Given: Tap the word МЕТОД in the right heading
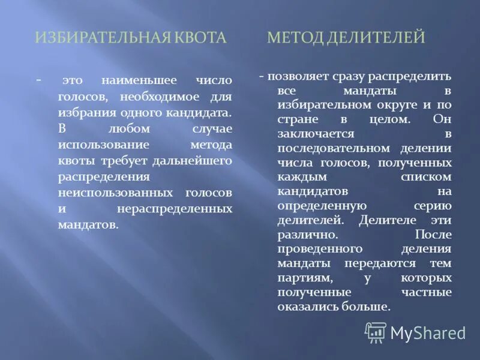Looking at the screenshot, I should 294,38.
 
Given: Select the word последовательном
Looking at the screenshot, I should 326,148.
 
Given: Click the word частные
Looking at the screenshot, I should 427,292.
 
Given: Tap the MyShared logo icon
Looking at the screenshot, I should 376,332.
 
